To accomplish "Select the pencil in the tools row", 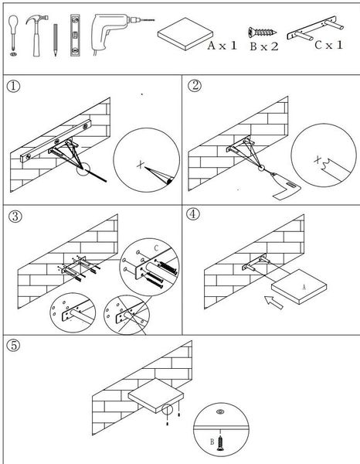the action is point(56,40).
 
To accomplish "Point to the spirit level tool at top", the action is point(75,36).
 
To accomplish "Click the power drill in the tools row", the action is point(115,32).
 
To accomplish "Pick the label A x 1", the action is point(222,46).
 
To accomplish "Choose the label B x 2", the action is point(264,46).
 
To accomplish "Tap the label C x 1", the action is point(328,45).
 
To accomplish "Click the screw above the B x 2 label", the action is point(262,32).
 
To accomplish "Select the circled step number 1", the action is point(14,86).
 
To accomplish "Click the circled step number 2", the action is point(195,85).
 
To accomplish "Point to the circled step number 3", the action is point(15,217).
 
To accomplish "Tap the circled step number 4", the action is point(193,214).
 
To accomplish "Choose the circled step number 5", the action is point(14,345).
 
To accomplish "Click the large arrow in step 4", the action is point(273,302).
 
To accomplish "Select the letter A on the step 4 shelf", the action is point(304,287).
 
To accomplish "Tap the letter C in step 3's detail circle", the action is point(156,248).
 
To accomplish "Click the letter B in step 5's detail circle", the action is point(212,442).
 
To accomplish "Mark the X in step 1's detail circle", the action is point(141,164).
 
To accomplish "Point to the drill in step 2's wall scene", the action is point(285,186).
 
